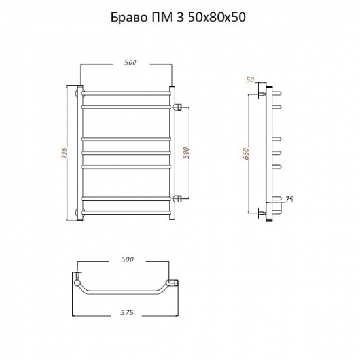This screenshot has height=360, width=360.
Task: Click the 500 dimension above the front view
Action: (x=130, y=62)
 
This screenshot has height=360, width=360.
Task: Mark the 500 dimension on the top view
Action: (x=127, y=260)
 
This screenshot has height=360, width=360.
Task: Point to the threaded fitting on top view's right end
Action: (x=174, y=282)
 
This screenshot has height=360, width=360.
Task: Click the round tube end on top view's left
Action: (x=79, y=283)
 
